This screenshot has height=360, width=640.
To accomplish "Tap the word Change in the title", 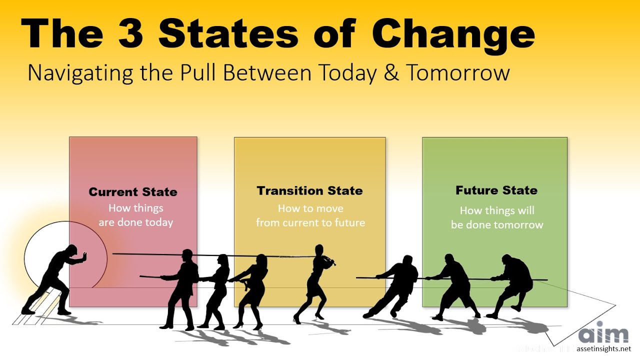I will (453, 34).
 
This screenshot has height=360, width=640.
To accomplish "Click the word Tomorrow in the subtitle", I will (457, 73).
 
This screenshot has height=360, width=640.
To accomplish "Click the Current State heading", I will (133, 192).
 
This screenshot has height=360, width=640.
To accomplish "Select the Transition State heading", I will (310, 190).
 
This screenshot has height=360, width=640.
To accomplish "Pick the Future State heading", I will (496, 190).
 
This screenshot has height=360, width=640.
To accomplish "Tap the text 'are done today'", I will (135, 222).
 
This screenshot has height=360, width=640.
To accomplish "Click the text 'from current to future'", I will (310, 222).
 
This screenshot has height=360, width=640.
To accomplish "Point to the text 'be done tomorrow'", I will (496, 224).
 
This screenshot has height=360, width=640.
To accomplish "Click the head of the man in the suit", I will (187, 255).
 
